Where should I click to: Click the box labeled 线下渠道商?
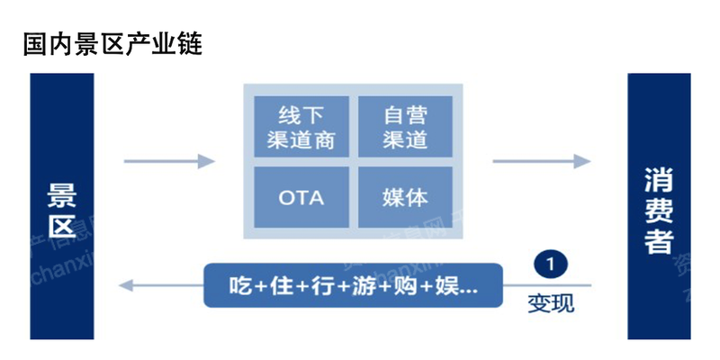[x=301, y=128]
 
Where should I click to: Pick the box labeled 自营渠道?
[x=404, y=128]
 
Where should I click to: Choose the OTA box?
[x=301, y=196]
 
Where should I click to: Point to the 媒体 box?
[x=404, y=196]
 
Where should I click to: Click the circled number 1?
[x=550, y=264]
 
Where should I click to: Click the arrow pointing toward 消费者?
[x=540, y=162]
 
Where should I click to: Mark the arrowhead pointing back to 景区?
[x=128, y=286]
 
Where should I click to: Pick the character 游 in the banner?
[x=362, y=287]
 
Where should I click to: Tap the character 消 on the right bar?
[x=659, y=177]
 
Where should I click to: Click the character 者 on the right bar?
[x=659, y=239]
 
